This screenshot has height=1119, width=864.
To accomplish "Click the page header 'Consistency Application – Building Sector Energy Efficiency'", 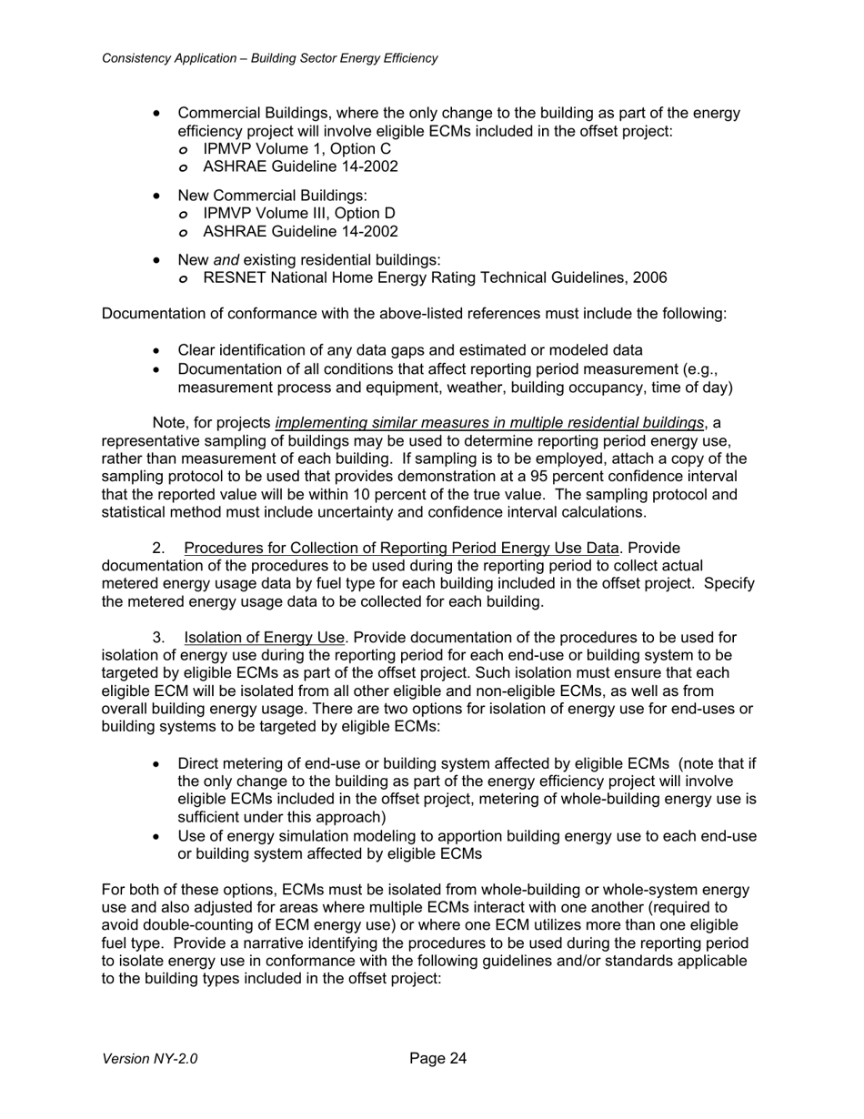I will point(269,58).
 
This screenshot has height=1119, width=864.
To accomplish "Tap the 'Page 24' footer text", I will point(437,1058).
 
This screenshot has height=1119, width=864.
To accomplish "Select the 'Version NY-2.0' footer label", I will point(150,1059).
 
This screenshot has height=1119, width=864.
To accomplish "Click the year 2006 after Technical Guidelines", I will point(649,277).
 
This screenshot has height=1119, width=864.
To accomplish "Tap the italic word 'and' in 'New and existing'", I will point(226,259).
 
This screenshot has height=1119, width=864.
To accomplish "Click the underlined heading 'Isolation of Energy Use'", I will point(263,638).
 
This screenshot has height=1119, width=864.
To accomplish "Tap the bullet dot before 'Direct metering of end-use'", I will point(159,764).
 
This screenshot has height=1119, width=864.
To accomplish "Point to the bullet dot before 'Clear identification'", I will point(159,350).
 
